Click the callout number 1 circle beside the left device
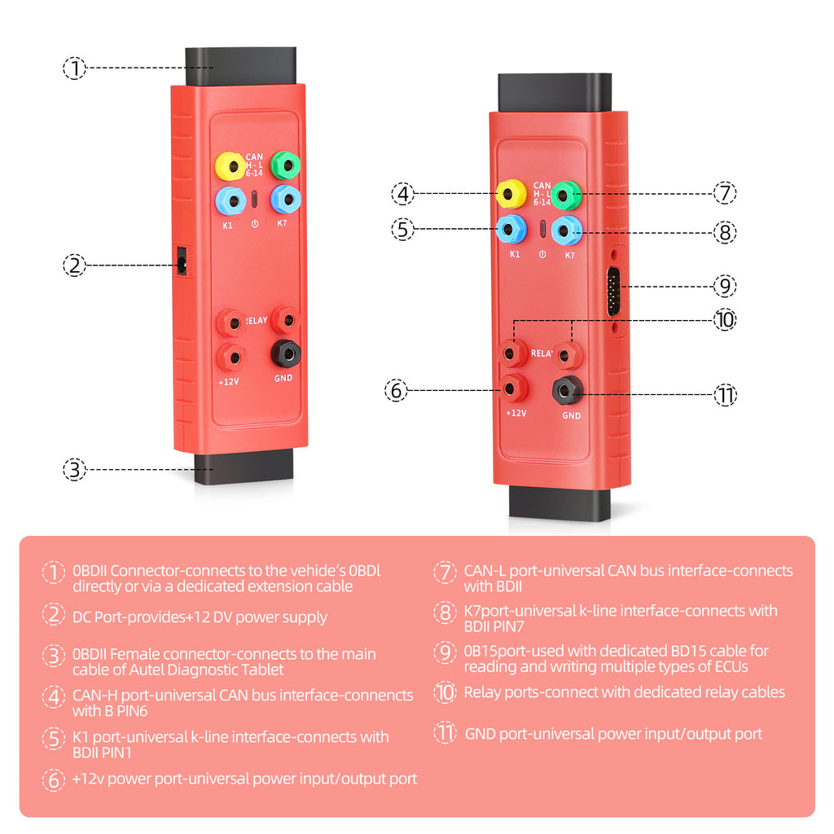(x=74, y=68)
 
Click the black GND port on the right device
(x=567, y=390)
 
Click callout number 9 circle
(x=725, y=286)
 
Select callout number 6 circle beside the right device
(x=397, y=391)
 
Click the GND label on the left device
(x=283, y=378)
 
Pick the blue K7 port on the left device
(x=285, y=199)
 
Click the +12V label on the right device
(x=516, y=413)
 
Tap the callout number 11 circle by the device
(x=725, y=396)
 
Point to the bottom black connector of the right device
(x=560, y=504)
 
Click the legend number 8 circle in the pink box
(x=445, y=612)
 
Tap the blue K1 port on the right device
(x=511, y=229)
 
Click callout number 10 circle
(x=725, y=320)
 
